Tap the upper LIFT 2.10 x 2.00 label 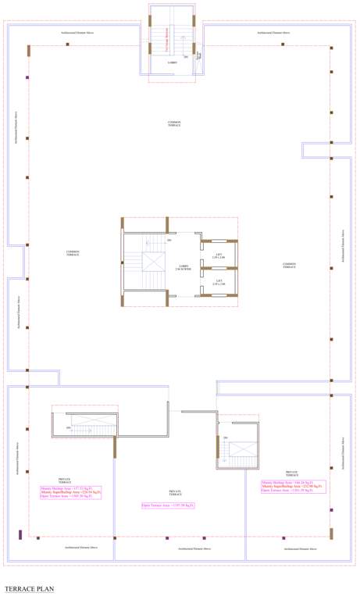click(219, 255)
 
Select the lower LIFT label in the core click(219, 282)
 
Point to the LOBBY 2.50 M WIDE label click(183, 267)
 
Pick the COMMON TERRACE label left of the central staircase click(73, 253)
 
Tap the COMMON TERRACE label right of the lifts click(289, 266)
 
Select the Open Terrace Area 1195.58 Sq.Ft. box click(168, 506)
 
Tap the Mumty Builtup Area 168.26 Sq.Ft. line click(293, 482)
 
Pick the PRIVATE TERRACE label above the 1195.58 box click(175, 493)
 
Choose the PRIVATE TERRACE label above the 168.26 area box click(291, 473)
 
